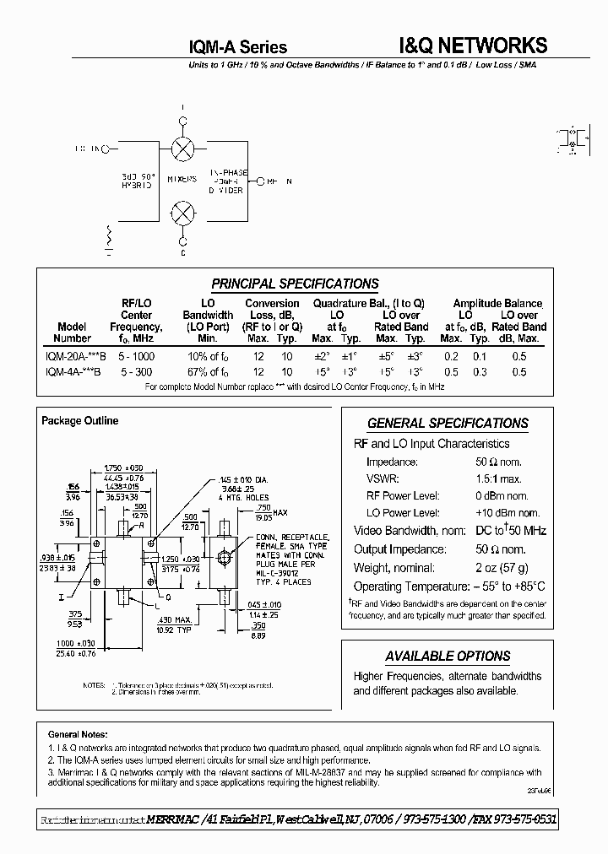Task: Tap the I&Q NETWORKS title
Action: [x=472, y=46]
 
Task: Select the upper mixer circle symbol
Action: [x=182, y=149]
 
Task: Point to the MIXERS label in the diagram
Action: [x=181, y=180]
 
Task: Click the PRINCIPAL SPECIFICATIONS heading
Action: [x=295, y=284]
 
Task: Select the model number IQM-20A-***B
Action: [x=73, y=356]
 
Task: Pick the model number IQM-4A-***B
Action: [x=73, y=371]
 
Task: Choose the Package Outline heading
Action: [x=80, y=420]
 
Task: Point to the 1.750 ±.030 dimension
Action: [x=122, y=468]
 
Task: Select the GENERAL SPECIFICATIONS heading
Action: [x=448, y=424]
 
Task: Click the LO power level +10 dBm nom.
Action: [x=508, y=512]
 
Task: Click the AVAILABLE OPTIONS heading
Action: [x=448, y=656]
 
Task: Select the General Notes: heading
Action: [x=78, y=734]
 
